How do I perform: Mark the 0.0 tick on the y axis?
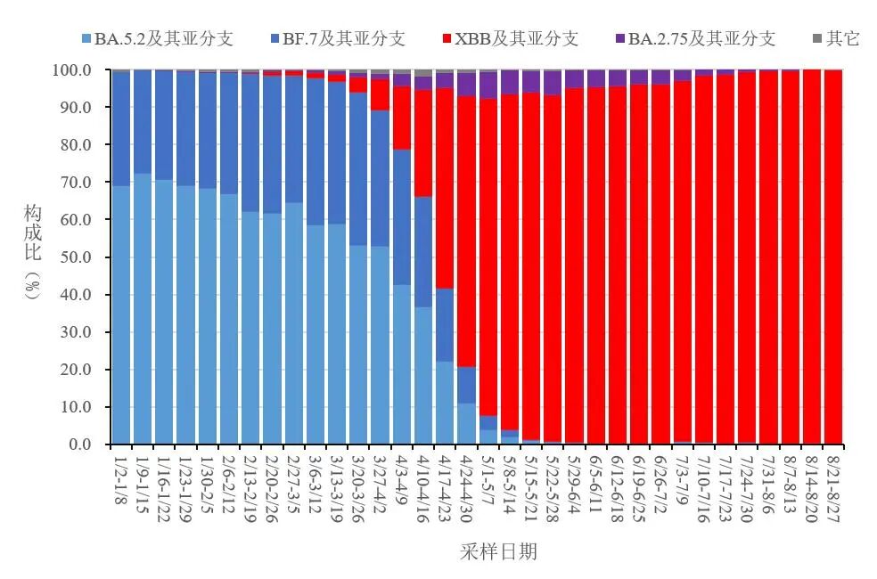click(80, 444)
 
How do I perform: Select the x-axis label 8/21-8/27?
click(833, 480)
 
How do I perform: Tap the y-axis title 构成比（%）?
click(33, 257)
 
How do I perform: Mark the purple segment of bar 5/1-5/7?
click(488, 86)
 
